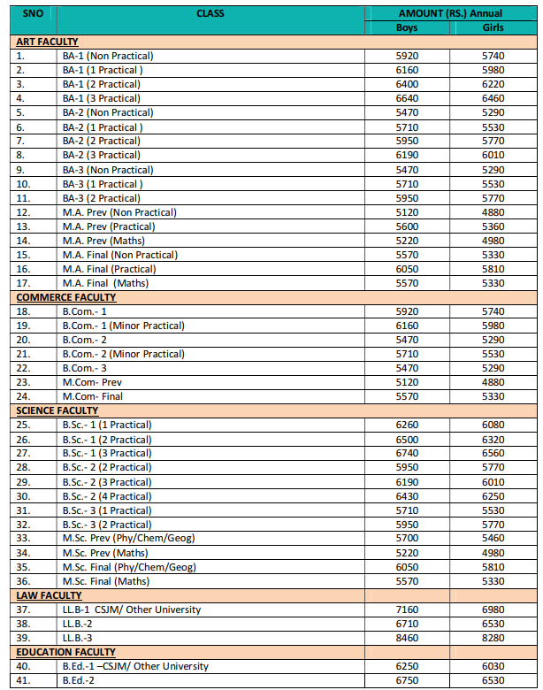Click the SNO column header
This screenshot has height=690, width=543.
point(32,13)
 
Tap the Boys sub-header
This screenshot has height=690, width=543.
point(407,27)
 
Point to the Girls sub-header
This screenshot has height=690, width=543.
point(493,27)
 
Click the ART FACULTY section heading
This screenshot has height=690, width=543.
point(47,42)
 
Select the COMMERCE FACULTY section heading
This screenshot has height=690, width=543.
point(66,297)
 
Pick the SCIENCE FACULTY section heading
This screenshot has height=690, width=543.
point(58,410)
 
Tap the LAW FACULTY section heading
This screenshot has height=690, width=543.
point(49,595)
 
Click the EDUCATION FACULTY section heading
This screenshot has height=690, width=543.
point(66,652)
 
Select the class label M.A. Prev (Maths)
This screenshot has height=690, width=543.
point(103,241)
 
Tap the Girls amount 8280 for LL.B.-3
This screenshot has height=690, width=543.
point(493,638)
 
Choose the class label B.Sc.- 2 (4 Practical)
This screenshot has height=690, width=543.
point(107,496)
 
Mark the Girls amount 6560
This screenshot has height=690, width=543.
point(493,454)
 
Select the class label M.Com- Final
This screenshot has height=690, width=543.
point(93,396)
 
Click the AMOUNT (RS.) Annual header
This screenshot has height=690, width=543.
point(451,13)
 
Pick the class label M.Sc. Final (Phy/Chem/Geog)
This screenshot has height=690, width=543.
point(129,567)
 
